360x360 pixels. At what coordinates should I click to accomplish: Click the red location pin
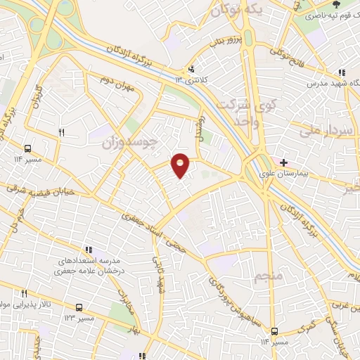point(181,165)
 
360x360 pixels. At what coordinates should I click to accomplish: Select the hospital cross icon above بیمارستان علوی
point(283,162)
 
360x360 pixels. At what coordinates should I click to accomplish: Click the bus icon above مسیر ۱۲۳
point(79,308)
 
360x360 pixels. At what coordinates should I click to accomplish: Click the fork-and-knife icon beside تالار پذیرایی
point(24,293)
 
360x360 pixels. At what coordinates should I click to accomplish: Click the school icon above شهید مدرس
point(342,72)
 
